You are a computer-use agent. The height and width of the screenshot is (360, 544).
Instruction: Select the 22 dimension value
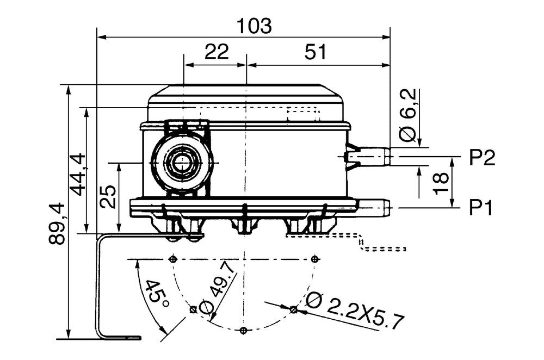point(216,52)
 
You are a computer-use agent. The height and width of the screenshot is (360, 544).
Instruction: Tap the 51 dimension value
point(316,52)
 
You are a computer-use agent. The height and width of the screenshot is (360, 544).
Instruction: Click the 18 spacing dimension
point(441,183)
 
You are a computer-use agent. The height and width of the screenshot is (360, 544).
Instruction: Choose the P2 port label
point(482,158)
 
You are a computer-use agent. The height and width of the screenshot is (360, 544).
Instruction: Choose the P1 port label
point(482,208)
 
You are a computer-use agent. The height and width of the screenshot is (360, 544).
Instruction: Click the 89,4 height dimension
point(57,223)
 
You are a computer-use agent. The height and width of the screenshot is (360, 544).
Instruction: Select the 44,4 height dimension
point(77,174)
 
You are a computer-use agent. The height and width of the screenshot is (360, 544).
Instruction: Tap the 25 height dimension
point(108,197)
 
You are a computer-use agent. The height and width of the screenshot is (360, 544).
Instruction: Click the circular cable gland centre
point(180,162)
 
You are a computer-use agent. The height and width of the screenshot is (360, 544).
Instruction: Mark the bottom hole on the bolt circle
point(243,330)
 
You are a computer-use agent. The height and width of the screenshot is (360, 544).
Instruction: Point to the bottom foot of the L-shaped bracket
point(120,337)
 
